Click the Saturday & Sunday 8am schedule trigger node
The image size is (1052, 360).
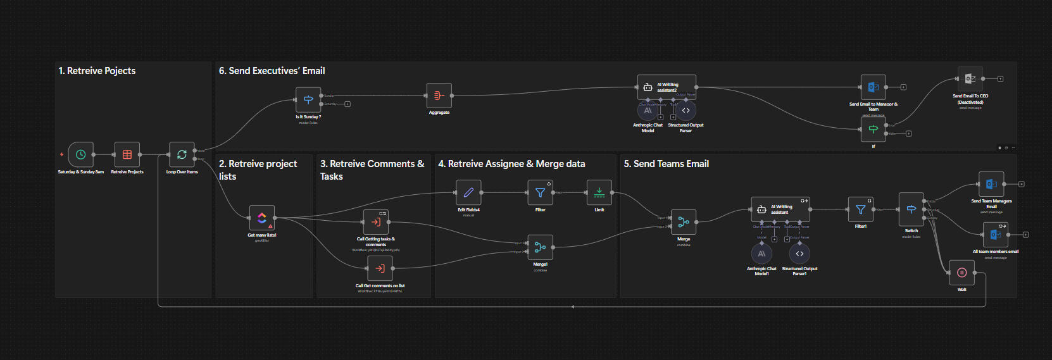(81, 154)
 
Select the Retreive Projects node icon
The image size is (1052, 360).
(127, 154)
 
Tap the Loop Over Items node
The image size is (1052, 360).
(182, 154)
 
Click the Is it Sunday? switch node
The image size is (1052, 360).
(308, 99)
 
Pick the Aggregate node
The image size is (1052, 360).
(439, 96)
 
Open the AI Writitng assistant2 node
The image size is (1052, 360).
(667, 87)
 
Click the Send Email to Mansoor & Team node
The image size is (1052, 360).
(874, 87)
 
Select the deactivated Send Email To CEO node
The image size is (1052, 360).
(970, 79)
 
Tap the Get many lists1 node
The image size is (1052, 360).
(262, 218)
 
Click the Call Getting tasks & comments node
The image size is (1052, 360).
(376, 222)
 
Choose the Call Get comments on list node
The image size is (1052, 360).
(380, 268)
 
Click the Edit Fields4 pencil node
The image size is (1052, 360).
(468, 192)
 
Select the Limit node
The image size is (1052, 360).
(599, 192)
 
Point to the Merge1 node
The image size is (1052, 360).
(540, 247)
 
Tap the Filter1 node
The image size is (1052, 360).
(861, 209)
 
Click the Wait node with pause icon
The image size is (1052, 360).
(961, 273)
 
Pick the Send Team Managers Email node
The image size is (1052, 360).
(991, 184)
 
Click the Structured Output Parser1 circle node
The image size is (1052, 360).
(799, 254)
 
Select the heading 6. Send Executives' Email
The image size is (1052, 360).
(272, 71)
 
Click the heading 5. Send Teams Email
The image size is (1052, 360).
(666, 164)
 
